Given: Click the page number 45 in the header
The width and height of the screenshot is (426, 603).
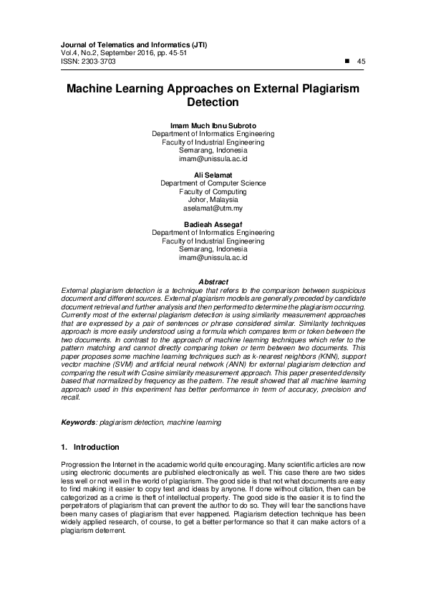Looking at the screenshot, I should (361, 62).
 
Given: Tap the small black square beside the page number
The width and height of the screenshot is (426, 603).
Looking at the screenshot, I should (347, 61).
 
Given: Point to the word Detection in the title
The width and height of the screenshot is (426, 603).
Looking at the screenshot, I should (213, 103).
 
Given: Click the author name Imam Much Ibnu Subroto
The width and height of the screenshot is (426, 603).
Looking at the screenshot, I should (213, 125).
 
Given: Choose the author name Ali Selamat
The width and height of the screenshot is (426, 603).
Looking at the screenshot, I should (213, 175).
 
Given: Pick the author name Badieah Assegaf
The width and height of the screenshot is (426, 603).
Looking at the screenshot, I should (213, 224).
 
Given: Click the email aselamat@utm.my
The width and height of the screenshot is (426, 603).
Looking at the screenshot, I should (213, 208).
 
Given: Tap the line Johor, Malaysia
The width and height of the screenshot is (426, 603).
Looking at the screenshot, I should (213, 200).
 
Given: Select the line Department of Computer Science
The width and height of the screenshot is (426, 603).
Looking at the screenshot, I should (213, 183).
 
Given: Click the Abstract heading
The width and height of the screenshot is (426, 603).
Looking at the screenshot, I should (213, 282).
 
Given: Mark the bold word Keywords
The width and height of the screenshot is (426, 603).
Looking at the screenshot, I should (78, 423).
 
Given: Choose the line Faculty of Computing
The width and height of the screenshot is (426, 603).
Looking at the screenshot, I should (213, 191).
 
